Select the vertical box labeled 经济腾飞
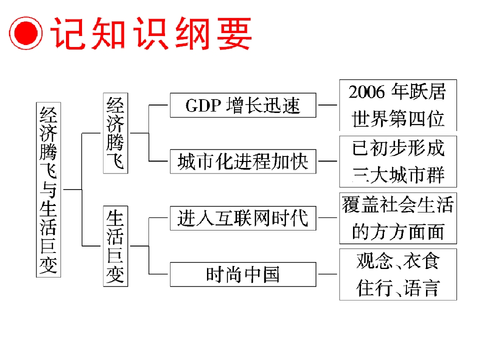(x=115, y=133)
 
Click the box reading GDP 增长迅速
(x=243, y=105)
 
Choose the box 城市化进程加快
(x=243, y=161)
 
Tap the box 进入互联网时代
(x=243, y=218)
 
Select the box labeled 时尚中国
(x=243, y=274)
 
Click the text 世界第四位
(x=398, y=119)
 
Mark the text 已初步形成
(x=398, y=148)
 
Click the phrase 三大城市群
(x=398, y=175)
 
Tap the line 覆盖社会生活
(x=398, y=205)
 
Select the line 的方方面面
(x=398, y=232)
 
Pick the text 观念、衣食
(x=398, y=261)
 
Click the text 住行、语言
(x=398, y=288)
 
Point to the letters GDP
(x=203, y=105)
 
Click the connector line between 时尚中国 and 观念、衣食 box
(x=327, y=274)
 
